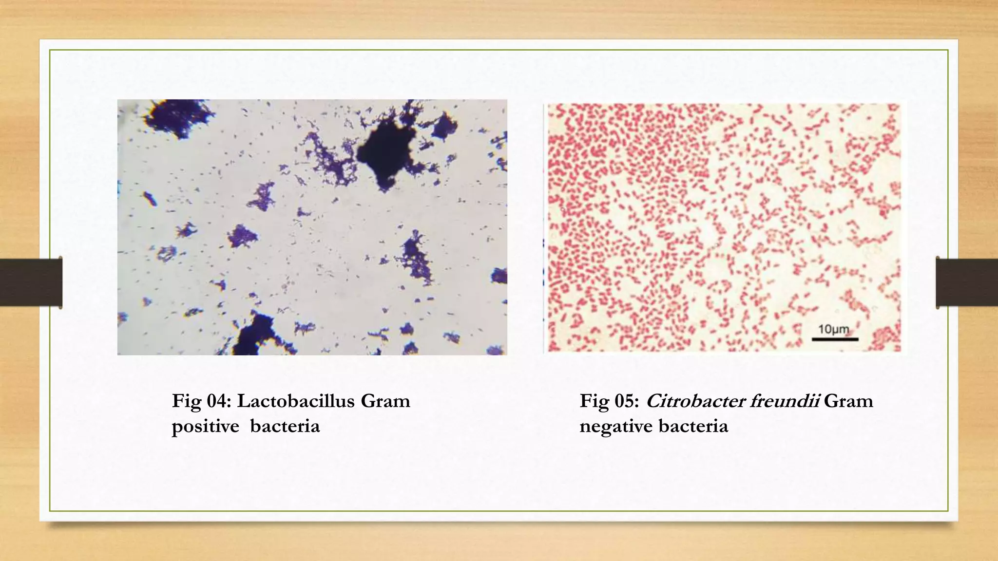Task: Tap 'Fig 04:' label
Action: [x=201, y=401]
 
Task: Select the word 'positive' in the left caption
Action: [x=205, y=427]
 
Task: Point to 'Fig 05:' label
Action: [x=609, y=401]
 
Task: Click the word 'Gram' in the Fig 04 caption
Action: [x=385, y=401]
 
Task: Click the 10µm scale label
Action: [x=833, y=329]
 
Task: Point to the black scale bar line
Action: [x=835, y=339]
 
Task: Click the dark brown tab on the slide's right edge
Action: [x=967, y=282]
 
